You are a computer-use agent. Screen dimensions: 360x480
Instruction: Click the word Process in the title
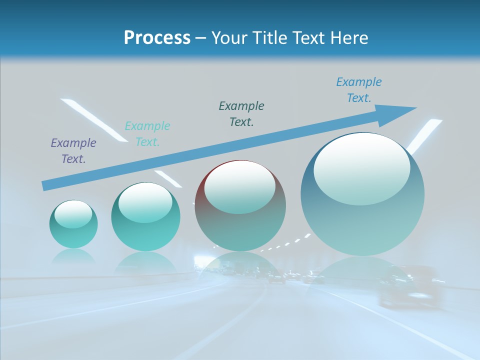click(x=157, y=38)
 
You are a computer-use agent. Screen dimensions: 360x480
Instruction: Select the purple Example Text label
click(x=73, y=151)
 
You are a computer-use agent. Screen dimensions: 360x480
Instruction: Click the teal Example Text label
click(x=147, y=134)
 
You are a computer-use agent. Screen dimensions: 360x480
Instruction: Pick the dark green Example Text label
click(x=241, y=114)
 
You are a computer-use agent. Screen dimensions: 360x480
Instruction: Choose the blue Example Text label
click(x=359, y=90)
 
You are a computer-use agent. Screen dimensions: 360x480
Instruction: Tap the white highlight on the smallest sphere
click(x=73, y=214)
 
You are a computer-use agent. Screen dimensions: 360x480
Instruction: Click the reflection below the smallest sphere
click(x=73, y=256)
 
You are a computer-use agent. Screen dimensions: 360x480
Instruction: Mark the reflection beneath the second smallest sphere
click(x=145, y=261)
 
